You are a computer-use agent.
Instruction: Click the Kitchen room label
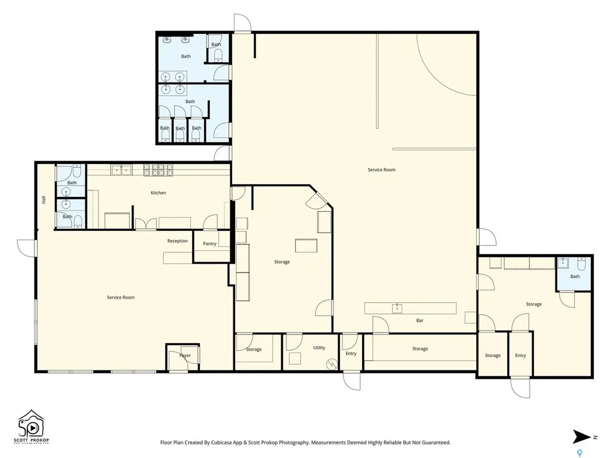click(158, 193)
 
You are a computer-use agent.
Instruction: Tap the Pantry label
click(209, 244)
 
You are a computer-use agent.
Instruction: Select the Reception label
click(177, 241)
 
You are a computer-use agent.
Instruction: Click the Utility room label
click(319, 348)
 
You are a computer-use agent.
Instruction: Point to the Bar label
click(419, 320)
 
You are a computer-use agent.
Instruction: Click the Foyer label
click(185, 355)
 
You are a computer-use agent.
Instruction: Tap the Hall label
click(44, 199)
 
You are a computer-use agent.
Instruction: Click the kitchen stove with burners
click(158, 170)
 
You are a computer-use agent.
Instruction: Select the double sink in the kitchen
click(121, 170)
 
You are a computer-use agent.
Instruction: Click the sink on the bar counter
click(397, 308)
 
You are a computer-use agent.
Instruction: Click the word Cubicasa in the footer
click(221, 443)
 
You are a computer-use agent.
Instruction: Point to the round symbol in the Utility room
click(332, 364)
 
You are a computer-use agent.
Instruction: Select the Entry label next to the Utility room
click(351, 354)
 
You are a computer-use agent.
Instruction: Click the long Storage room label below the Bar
click(420, 349)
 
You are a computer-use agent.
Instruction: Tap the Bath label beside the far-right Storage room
click(575, 277)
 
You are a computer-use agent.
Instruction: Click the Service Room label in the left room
click(121, 298)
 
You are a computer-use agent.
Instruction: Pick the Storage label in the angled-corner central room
click(282, 262)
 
